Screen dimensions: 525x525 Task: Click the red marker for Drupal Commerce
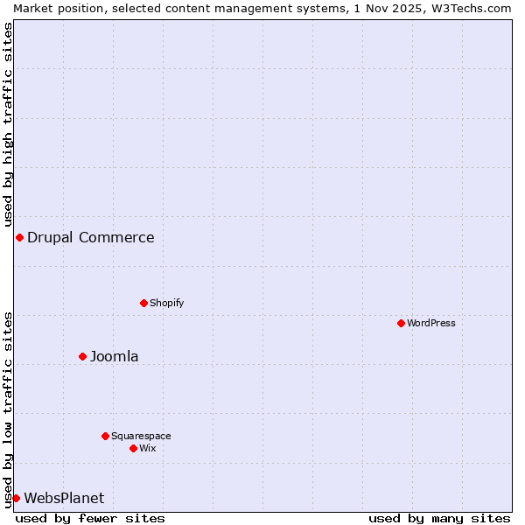[x=19, y=238]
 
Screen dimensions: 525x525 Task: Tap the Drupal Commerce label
[x=90, y=238]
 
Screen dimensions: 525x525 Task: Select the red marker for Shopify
[x=144, y=304]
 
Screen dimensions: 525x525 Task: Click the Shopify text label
[x=166, y=304]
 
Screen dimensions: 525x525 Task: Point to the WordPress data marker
[x=402, y=324]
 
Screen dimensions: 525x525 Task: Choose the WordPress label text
[x=431, y=324]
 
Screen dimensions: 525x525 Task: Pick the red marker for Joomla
[x=83, y=357]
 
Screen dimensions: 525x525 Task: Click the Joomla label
[x=114, y=357]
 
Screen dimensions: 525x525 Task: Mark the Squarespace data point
[x=106, y=437]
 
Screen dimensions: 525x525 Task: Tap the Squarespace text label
[x=141, y=437]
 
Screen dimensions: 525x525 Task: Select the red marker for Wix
[x=134, y=449]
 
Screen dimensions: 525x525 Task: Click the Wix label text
[x=148, y=449]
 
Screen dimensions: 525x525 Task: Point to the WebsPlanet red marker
[x=16, y=499]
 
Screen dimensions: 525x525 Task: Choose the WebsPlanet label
[x=64, y=499]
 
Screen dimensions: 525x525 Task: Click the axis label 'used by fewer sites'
[x=90, y=518]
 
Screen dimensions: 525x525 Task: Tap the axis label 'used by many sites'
[x=439, y=518]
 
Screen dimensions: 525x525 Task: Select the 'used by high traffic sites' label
[x=8, y=124]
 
